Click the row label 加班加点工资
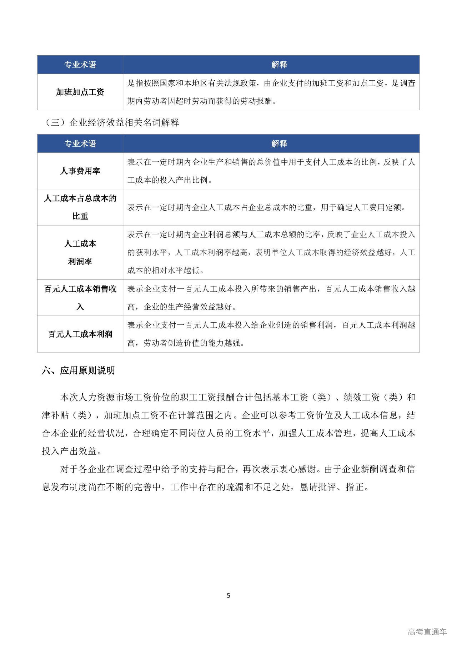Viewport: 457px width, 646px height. (x=80, y=92)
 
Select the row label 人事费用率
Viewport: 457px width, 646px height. (x=80, y=171)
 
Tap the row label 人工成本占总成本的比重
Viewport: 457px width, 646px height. (x=80, y=207)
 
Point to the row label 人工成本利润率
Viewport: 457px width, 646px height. (x=80, y=252)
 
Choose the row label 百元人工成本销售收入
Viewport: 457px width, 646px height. (x=80, y=298)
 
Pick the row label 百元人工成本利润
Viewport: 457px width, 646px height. (x=80, y=334)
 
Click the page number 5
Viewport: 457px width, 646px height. (x=228, y=595)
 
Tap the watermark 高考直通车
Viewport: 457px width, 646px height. (x=427, y=632)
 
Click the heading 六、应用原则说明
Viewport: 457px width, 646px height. (x=78, y=370)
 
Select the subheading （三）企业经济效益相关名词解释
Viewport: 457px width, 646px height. (x=112, y=123)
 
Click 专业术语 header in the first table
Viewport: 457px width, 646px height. (x=80, y=65)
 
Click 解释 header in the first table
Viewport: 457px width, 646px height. (x=279, y=65)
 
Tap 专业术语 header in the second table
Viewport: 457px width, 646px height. (x=80, y=143)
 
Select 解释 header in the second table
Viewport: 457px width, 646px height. (x=279, y=143)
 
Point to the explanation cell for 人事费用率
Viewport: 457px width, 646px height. (x=271, y=171)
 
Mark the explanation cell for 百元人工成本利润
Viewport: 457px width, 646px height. (x=271, y=334)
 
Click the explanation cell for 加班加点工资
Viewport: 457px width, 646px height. (x=271, y=92)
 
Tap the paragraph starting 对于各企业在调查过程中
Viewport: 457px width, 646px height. (x=228, y=478)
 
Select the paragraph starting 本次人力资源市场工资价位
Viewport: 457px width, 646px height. (x=228, y=424)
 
